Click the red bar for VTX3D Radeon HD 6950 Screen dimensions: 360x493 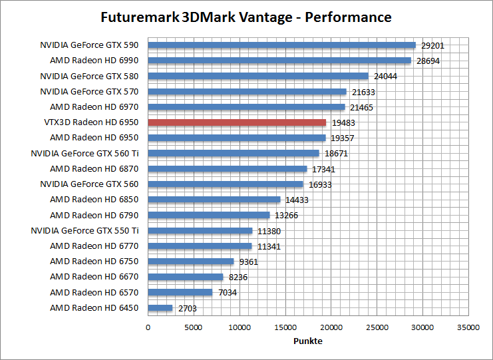(x=237, y=122)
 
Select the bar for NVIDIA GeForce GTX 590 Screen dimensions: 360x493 (x=281, y=45)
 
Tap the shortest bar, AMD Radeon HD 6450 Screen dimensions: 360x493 (x=160, y=308)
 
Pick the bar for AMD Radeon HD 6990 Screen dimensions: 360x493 (x=279, y=61)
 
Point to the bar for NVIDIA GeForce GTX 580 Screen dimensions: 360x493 (x=258, y=76)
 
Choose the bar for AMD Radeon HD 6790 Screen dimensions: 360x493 (x=209, y=215)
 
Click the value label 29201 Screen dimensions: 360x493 (x=432, y=46)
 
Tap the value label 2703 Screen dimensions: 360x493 (x=187, y=309)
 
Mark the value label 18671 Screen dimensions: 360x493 (x=336, y=154)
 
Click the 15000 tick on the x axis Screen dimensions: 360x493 (x=285, y=327)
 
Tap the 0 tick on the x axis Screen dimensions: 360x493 (x=148, y=327)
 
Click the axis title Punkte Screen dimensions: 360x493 (x=308, y=341)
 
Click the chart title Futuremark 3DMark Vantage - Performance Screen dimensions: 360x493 (x=246, y=17)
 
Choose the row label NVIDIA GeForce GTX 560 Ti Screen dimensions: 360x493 (x=85, y=153)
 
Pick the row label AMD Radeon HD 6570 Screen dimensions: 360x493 (x=94, y=292)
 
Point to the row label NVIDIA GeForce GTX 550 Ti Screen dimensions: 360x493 (x=85, y=230)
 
